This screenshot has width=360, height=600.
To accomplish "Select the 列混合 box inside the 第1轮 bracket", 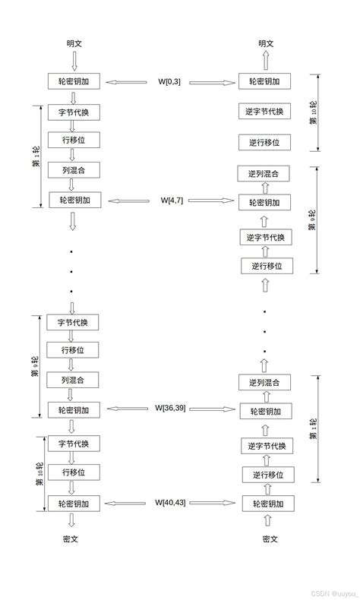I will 73,169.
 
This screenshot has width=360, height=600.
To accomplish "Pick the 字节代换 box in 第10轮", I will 73,443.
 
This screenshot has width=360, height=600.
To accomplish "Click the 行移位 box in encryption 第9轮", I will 73,349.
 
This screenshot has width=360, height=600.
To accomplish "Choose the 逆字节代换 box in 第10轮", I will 264,112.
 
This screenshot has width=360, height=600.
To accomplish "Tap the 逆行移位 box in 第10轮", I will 264,142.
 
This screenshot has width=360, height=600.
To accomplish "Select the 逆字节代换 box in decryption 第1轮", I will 266,445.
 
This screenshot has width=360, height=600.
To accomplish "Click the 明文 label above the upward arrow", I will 265,43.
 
